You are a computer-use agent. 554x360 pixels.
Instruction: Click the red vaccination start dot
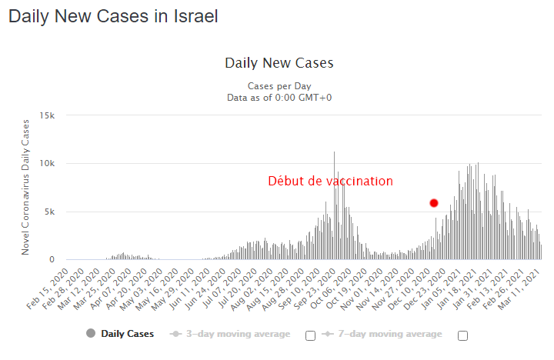[434, 203]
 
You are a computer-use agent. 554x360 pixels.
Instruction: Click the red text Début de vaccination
[330, 182]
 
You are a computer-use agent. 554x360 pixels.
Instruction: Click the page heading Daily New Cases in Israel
[113, 16]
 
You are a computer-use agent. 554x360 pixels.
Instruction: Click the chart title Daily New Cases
[279, 63]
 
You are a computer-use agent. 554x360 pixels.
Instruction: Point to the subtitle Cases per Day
[279, 86]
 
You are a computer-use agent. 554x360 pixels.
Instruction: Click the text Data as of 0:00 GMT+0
[279, 98]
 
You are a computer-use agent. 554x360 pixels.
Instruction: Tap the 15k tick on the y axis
[48, 115]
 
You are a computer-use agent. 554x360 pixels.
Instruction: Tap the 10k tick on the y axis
[48, 164]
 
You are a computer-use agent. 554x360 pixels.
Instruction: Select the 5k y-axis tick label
[50, 212]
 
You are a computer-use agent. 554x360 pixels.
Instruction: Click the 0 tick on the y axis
[52, 260]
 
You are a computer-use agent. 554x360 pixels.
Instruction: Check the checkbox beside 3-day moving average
[311, 335]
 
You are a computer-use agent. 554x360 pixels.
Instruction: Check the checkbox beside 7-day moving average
[463, 335]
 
